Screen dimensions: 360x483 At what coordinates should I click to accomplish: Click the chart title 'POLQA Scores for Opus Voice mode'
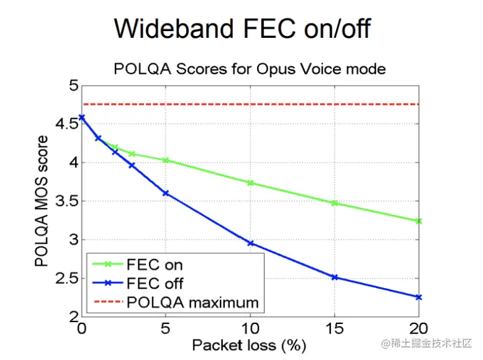tap(250, 68)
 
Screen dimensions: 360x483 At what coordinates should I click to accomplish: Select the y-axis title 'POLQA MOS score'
tap(42, 200)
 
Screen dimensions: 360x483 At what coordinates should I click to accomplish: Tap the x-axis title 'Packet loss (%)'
tap(249, 344)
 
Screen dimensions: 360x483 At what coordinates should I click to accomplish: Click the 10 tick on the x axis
tap(250, 328)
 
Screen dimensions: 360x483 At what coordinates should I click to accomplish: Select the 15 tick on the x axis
tap(335, 328)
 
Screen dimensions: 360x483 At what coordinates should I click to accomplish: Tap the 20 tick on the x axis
tap(418, 328)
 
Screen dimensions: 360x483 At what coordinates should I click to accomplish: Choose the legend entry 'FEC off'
tap(155, 284)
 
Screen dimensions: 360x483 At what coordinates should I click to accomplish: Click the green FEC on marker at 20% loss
tap(418, 221)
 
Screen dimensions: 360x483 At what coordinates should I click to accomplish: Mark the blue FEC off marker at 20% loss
tap(418, 297)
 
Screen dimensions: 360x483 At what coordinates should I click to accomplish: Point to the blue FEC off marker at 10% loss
tap(251, 243)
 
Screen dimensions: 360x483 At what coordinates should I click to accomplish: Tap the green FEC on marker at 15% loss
tap(335, 203)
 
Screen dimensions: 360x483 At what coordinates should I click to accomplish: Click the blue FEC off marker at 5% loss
tap(166, 193)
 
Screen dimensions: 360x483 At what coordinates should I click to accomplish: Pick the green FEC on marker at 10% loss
tap(251, 183)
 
